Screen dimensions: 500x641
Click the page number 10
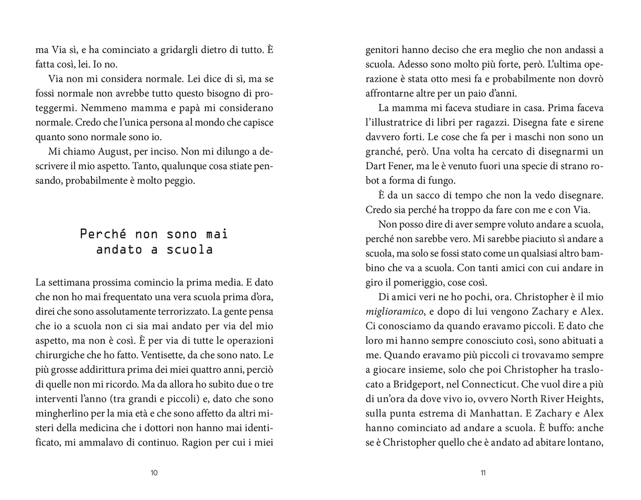pos(154,472)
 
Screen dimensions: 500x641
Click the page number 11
pos(483,472)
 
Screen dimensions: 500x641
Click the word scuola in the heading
pos(190,250)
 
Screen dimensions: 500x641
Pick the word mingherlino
pos(61,413)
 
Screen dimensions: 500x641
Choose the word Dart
pos(376,166)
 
